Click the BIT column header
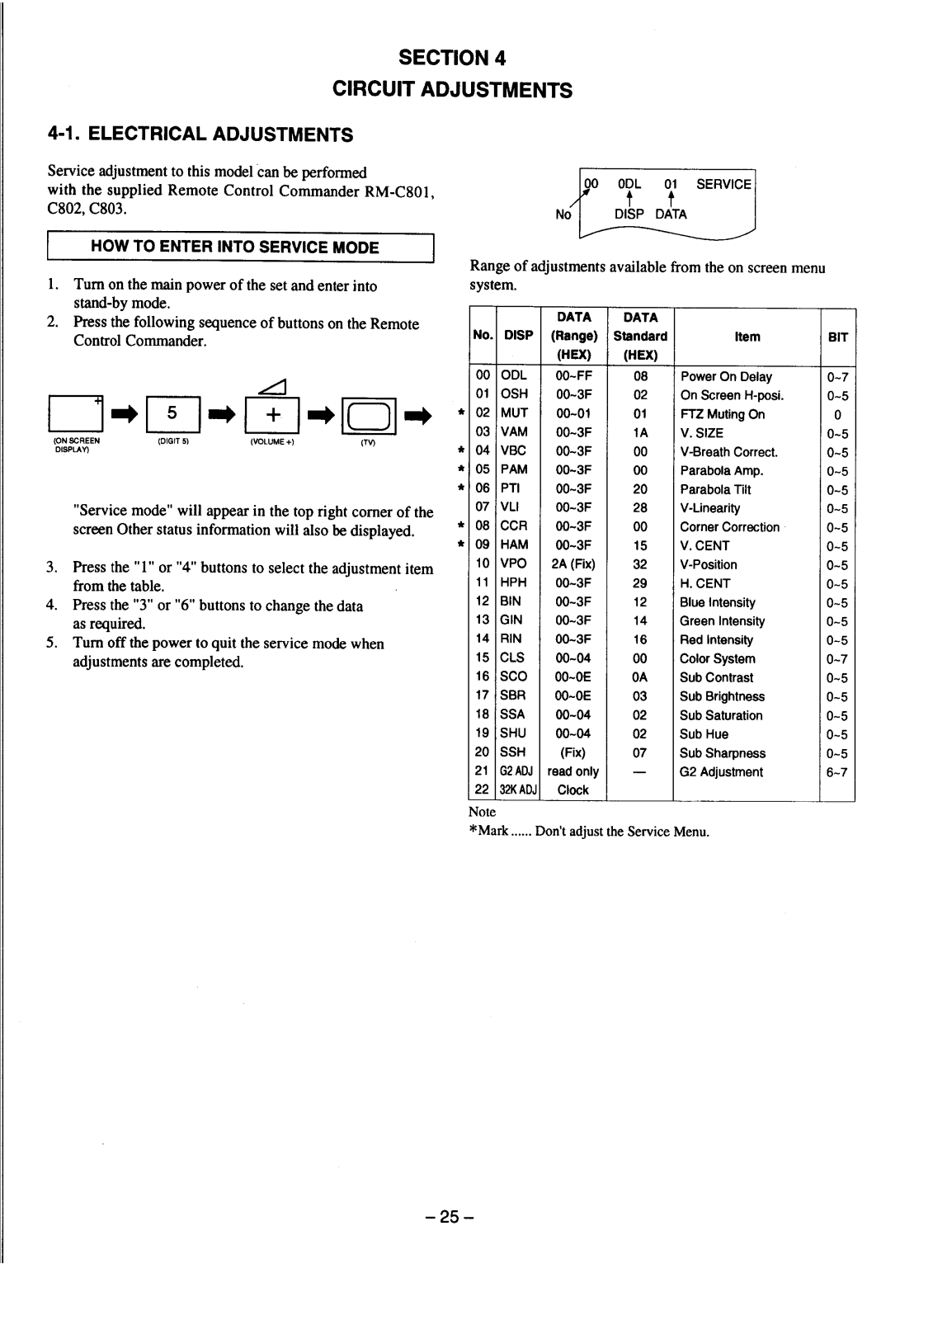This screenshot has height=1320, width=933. tap(837, 337)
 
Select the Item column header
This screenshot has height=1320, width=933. tap(747, 337)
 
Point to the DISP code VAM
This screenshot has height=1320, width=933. tap(514, 431)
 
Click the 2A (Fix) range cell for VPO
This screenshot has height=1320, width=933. tap(573, 564)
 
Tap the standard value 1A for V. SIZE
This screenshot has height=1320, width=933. tap(640, 432)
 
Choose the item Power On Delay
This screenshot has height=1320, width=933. tap(726, 376)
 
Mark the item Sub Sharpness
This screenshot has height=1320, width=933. tap(722, 753)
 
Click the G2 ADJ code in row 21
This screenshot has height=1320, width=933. tap(516, 771)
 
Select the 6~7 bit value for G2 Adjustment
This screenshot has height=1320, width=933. tap(837, 772)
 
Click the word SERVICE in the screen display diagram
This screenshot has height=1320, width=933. tap(723, 184)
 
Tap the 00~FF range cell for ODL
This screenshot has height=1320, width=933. tap(573, 376)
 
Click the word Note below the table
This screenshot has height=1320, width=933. tap(482, 812)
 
